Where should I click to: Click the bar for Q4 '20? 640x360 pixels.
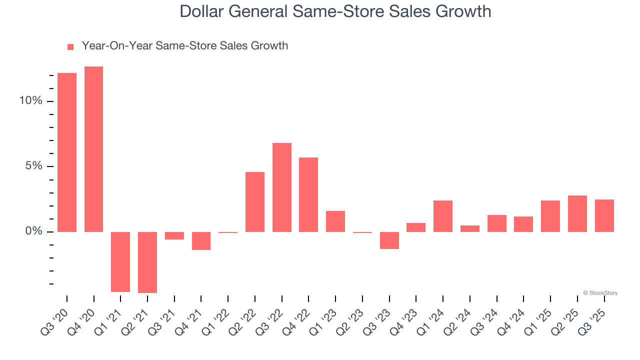(93, 149)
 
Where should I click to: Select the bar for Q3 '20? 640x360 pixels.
(67, 152)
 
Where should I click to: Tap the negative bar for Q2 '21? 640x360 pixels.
(147, 262)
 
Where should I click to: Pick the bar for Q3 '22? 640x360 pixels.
(282, 187)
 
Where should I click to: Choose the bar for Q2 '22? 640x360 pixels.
(255, 202)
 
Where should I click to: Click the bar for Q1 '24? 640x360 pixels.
(443, 216)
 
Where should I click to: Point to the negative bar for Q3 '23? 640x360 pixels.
(389, 240)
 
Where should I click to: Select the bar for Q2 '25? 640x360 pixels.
(577, 213)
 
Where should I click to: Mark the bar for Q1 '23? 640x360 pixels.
(335, 221)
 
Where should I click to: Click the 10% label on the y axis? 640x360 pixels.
(30, 101)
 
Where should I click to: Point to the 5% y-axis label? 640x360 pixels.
(33, 166)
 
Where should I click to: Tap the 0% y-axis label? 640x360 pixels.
(33, 231)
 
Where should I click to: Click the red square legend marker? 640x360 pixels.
(70, 46)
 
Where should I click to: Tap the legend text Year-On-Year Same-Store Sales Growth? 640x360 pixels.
(184, 46)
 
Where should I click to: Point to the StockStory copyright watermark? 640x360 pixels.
(600, 293)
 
